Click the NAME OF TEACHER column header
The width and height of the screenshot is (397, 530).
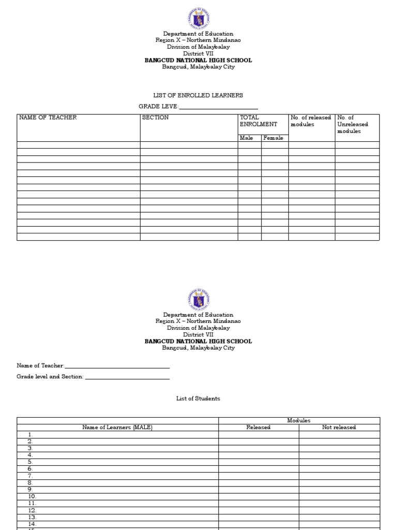pyautogui.click(x=48, y=117)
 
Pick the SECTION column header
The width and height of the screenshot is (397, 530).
pyautogui.click(x=155, y=117)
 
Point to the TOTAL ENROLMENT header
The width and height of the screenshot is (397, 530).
pyautogui.click(x=258, y=121)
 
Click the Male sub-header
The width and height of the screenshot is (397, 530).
pyautogui.click(x=247, y=138)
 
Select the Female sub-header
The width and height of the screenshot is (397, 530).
pyautogui.click(x=273, y=138)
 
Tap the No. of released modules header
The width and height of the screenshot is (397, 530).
pyautogui.click(x=311, y=121)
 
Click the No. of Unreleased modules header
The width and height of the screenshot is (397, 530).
pyautogui.click(x=353, y=124)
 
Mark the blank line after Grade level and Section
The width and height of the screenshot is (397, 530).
pyautogui.click(x=127, y=378)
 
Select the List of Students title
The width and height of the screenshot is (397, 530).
pyautogui.click(x=198, y=399)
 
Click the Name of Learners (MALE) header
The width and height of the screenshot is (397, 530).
pyautogui.click(x=117, y=428)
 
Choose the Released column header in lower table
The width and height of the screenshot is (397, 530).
pyautogui.click(x=258, y=428)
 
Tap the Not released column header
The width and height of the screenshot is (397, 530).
pyautogui.click(x=339, y=428)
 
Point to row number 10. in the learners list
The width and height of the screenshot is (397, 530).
pyautogui.click(x=32, y=496)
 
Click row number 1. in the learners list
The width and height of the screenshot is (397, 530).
pyautogui.click(x=30, y=435)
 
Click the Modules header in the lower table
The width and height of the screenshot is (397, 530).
pyautogui.click(x=299, y=421)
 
